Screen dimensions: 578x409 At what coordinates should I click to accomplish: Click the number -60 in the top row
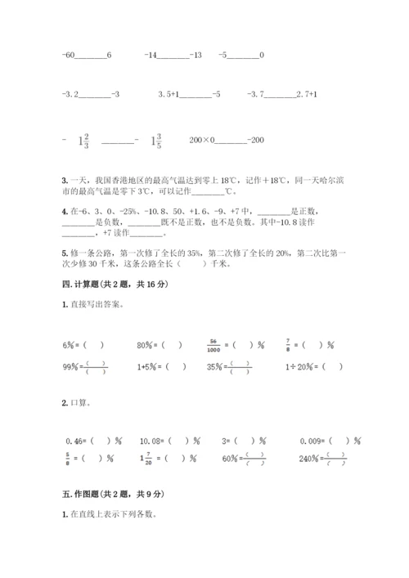69,55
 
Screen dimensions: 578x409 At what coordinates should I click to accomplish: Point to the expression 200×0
200,141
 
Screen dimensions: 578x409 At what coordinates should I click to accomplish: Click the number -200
256,141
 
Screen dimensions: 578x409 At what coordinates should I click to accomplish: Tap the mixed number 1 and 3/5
155,141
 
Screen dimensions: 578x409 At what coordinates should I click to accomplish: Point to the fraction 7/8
288,344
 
